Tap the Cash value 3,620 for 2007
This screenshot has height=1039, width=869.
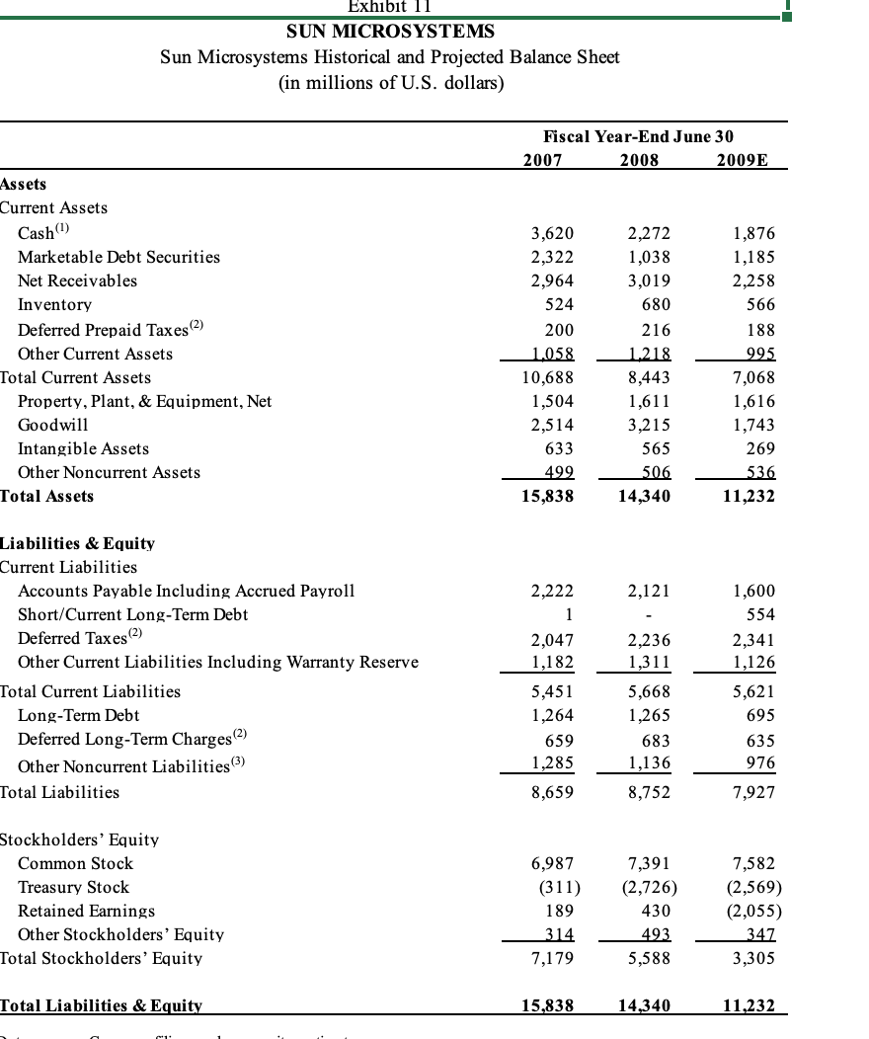[552, 234]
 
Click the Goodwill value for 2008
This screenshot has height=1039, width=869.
[649, 425]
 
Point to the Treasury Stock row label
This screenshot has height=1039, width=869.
[73, 887]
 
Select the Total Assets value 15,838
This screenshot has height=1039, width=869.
[547, 496]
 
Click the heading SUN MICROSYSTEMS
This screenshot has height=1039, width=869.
[390, 33]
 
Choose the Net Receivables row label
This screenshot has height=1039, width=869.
[77, 280]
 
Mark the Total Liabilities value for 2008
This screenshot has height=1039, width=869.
[649, 792]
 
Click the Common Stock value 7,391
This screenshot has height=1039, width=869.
[649, 863]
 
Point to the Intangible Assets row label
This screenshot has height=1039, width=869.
[83, 448]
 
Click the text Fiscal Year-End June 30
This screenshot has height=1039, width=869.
[638, 136]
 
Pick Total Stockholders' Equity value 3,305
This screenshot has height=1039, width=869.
[754, 958]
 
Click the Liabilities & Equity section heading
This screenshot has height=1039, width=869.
[77, 543]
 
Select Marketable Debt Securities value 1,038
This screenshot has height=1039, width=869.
[649, 257]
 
